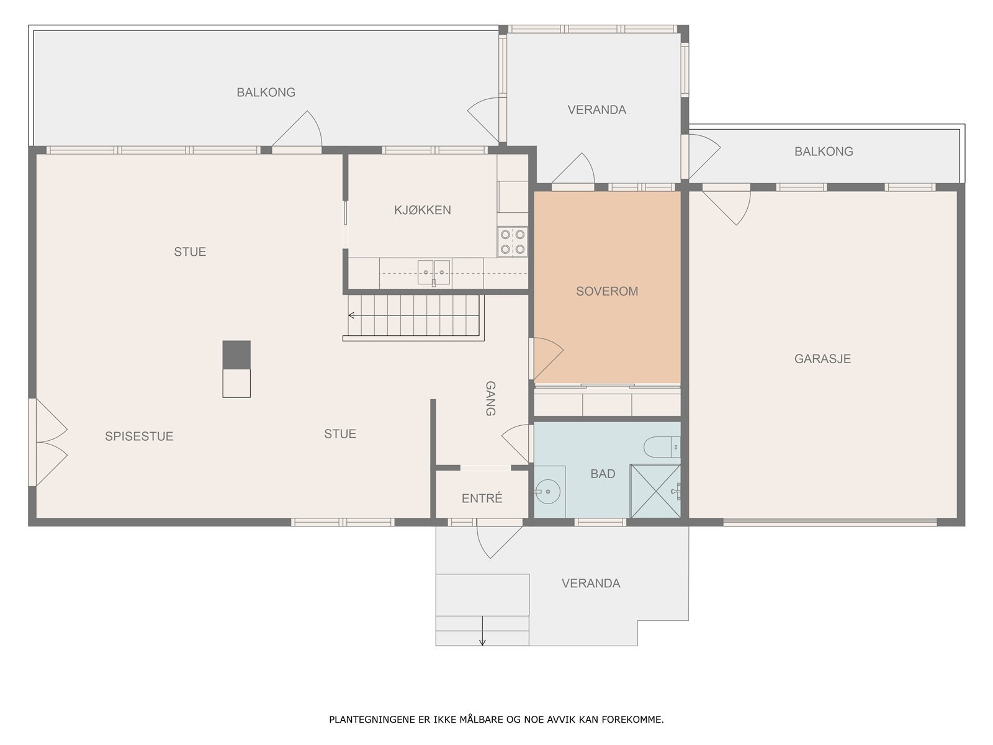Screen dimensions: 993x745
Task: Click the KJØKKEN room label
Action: tap(422, 210)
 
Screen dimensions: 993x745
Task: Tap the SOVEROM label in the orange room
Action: tap(606, 291)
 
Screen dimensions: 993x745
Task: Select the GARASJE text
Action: tap(822, 359)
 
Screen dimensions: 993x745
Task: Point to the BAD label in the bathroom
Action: tap(603, 474)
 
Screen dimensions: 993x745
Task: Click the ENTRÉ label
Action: tap(482, 498)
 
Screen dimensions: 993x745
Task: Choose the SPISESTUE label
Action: tap(139, 436)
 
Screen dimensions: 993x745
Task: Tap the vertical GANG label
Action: tap(490, 398)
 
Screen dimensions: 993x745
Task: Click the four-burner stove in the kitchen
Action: tap(513, 242)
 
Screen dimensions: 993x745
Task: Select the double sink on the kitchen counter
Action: tap(433, 273)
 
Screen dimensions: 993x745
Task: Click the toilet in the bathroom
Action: tap(662, 447)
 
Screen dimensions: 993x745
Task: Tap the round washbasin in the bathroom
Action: tap(547, 491)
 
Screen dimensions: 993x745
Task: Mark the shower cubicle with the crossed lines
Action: tap(655, 491)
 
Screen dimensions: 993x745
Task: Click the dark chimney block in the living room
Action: tap(236, 354)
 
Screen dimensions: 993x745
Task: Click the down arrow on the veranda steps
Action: tap(482, 631)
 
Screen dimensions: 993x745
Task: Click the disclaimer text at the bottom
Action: tap(496, 719)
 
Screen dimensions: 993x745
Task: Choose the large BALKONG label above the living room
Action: tap(266, 93)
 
